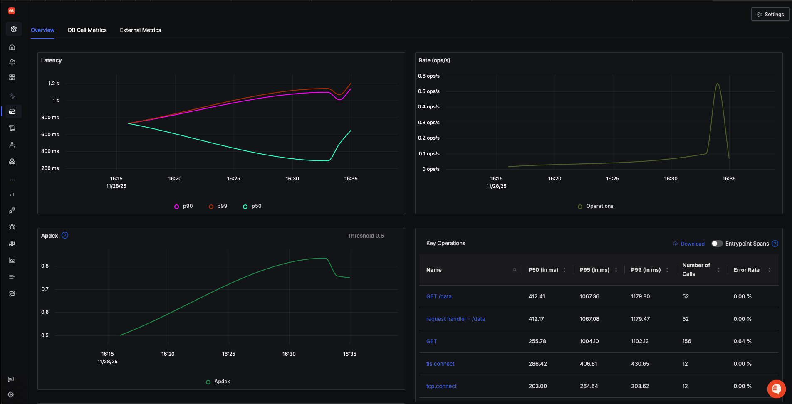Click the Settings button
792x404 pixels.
click(770, 15)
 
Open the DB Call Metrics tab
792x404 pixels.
click(87, 30)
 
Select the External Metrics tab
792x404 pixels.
click(141, 30)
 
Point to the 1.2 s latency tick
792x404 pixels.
click(54, 84)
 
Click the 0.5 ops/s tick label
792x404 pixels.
click(428, 91)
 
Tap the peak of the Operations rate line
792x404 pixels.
click(718, 84)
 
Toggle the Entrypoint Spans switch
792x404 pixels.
click(717, 244)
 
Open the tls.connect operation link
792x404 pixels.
click(440, 364)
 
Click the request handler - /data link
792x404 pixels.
click(455, 319)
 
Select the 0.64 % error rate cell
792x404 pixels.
click(742, 341)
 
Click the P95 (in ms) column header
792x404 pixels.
click(594, 270)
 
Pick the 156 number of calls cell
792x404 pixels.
click(686, 341)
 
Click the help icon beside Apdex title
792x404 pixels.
click(65, 235)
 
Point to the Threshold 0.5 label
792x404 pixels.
click(366, 236)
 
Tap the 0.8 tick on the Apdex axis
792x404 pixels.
click(45, 266)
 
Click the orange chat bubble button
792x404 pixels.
click(776, 389)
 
